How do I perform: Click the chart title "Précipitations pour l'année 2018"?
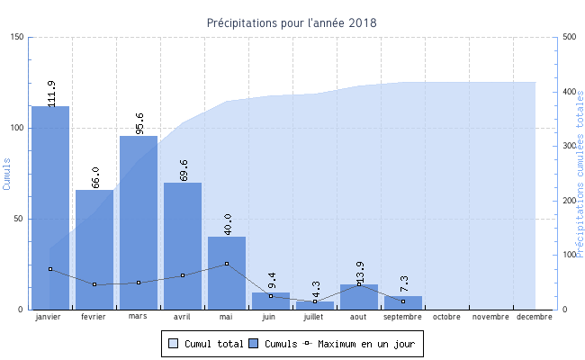[x=292, y=22]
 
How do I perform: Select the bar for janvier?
[x=50, y=207]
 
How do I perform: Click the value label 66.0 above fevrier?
[x=95, y=177]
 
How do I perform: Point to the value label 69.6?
[x=184, y=170]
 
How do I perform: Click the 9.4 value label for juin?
[x=272, y=281]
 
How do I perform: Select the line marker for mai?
[x=227, y=264]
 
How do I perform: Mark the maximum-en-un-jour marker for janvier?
[x=50, y=269]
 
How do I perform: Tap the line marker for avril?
[x=183, y=275]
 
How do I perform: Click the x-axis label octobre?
[x=446, y=317]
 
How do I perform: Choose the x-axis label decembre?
[x=535, y=317]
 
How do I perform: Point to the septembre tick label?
[x=402, y=317]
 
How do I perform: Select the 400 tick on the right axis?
[x=569, y=92]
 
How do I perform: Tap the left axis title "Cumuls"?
[x=7, y=173]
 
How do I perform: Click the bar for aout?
[x=359, y=297]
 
